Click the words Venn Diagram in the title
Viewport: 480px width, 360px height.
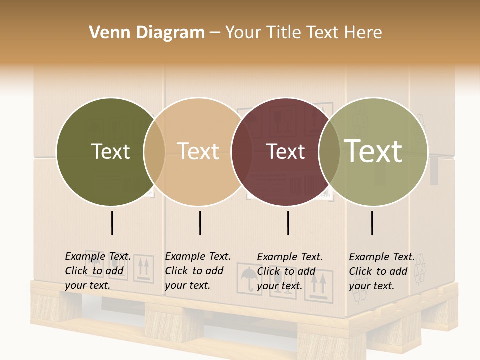click(x=147, y=33)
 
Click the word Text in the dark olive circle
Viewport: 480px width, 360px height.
click(x=110, y=151)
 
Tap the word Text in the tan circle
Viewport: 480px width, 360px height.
click(x=198, y=151)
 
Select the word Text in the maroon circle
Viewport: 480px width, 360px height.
click(x=286, y=151)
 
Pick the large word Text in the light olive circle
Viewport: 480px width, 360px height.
click(x=373, y=151)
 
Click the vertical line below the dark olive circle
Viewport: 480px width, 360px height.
click(x=112, y=223)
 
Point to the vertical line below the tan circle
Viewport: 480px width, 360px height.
click(x=200, y=223)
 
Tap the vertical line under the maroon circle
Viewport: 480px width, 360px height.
click(x=288, y=223)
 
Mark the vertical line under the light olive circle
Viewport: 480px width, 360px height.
click(x=372, y=223)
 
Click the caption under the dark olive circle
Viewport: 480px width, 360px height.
click(x=98, y=271)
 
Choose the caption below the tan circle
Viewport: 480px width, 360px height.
click(x=198, y=271)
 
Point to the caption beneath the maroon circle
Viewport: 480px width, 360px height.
click(x=290, y=271)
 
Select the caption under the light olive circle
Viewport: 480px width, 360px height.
click(x=382, y=271)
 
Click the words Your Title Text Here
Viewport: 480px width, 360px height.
click(x=303, y=33)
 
